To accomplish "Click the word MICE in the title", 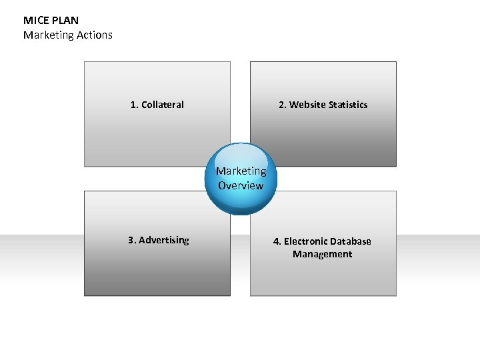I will pos(34,21).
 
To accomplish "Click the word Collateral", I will pos(163,105).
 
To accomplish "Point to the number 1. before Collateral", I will pos(135,105).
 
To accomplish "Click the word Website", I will pos(307,105).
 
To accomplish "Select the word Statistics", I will pos(347,105).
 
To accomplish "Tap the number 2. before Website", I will pos(283,105).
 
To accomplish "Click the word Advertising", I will pos(164,240).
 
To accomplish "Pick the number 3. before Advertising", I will pos(132,240).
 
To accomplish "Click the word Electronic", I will pos(306,241).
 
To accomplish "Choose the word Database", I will pos(351,241).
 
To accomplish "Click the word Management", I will pos(322,254).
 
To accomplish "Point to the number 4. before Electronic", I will pos(277,241).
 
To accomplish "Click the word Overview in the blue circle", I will pos(241,186).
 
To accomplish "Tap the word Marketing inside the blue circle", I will pos(241,171).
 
